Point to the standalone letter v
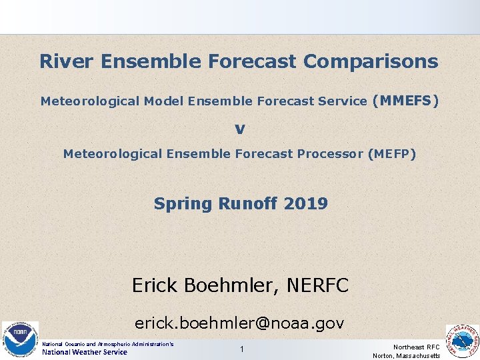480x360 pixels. tap(239, 128)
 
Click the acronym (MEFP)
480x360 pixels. tap(391, 154)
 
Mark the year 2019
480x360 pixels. tap(305, 204)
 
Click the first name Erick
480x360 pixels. tap(155, 286)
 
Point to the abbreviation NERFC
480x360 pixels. tap(317, 286)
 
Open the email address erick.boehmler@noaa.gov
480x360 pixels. tap(239, 323)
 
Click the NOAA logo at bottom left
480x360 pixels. tap(20, 338)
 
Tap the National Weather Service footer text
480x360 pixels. tap(85, 352)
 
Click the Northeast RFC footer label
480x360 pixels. tap(416, 347)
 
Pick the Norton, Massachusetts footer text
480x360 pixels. tap(406, 356)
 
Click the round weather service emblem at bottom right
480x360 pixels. tap(462, 341)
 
